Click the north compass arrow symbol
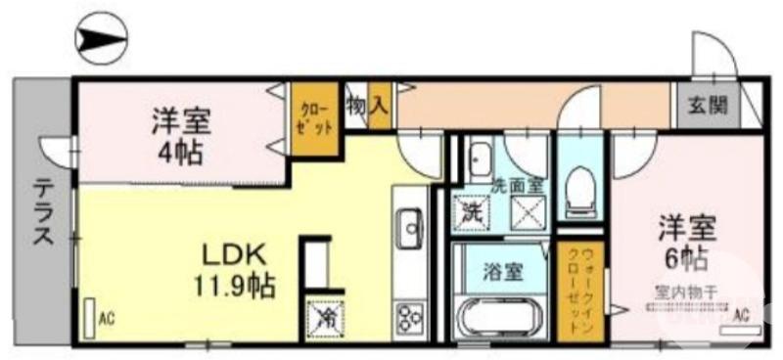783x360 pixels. coord(102,38)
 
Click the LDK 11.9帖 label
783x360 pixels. coord(236,269)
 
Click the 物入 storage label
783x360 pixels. coord(368,101)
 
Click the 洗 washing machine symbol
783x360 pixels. coord(472,209)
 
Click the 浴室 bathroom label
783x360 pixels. coord(502,272)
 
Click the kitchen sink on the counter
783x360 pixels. coord(408,231)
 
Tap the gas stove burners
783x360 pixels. coord(407,319)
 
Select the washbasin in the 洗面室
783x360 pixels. coord(480,158)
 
